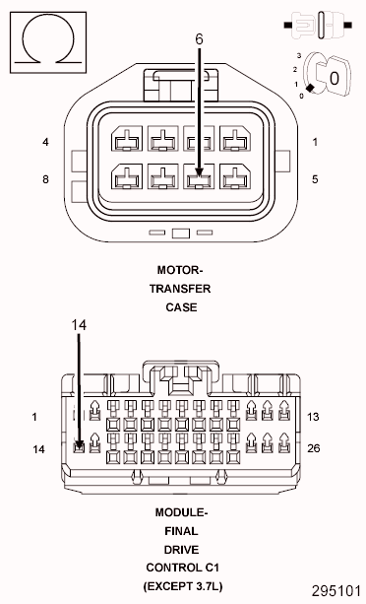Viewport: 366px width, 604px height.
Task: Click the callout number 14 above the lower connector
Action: click(x=80, y=323)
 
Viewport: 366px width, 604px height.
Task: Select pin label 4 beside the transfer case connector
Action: click(x=45, y=142)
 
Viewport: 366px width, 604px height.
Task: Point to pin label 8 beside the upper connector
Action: click(x=45, y=178)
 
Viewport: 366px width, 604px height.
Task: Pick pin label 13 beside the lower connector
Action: click(x=314, y=417)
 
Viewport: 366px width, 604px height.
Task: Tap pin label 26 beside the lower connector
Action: click(x=314, y=448)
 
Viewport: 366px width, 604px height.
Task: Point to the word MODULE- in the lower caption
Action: click(x=181, y=513)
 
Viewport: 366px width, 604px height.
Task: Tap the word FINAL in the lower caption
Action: click(x=181, y=531)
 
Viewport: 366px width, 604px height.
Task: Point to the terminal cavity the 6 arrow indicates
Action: click(x=199, y=179)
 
